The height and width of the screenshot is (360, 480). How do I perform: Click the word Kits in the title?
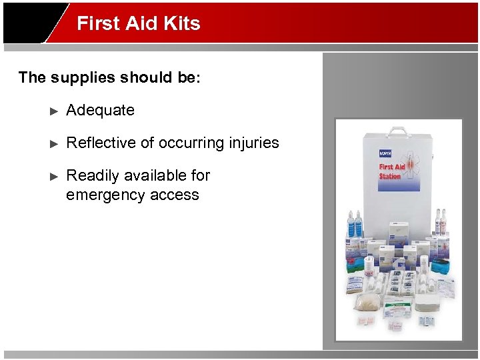(181, 23)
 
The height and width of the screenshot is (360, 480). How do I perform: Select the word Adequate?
(100, 110)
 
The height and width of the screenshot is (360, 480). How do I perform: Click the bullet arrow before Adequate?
(55, 111)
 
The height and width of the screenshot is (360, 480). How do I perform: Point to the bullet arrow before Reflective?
(55, 143)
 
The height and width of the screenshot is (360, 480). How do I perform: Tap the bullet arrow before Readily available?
(55, 176)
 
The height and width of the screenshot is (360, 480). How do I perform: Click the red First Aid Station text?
(391, 171)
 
